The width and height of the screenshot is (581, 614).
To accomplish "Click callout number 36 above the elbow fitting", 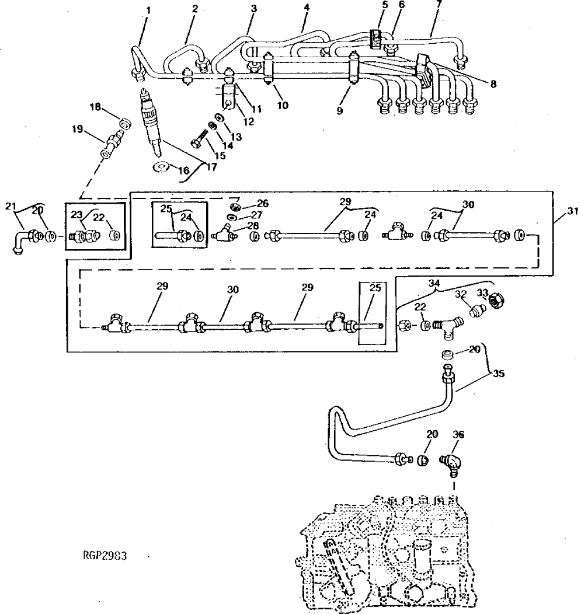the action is click(x=458, y=435).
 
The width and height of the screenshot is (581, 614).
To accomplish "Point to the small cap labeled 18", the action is click(x=124, y=123).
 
